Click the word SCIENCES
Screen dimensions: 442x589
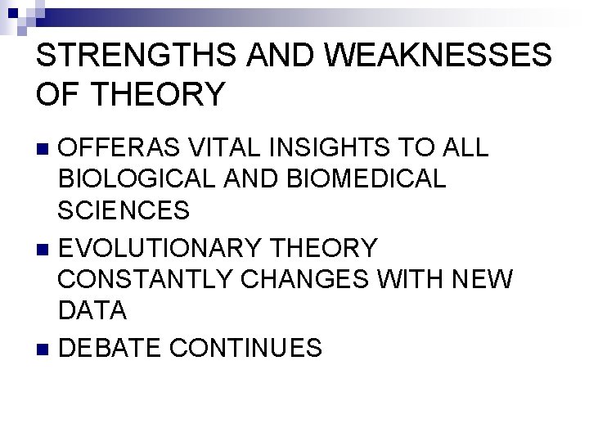124,209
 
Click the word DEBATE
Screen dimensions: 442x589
114,348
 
